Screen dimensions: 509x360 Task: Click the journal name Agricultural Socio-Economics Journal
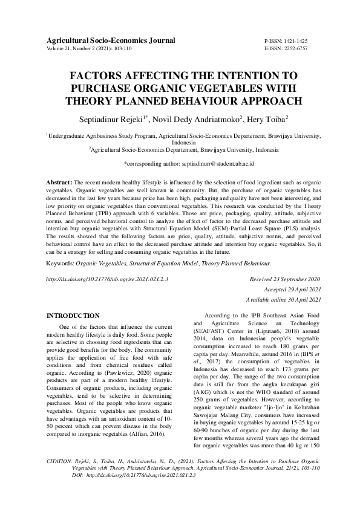point(111,41)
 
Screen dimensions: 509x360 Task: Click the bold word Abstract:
point(59,181)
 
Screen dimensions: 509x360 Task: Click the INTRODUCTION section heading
point(73,316)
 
